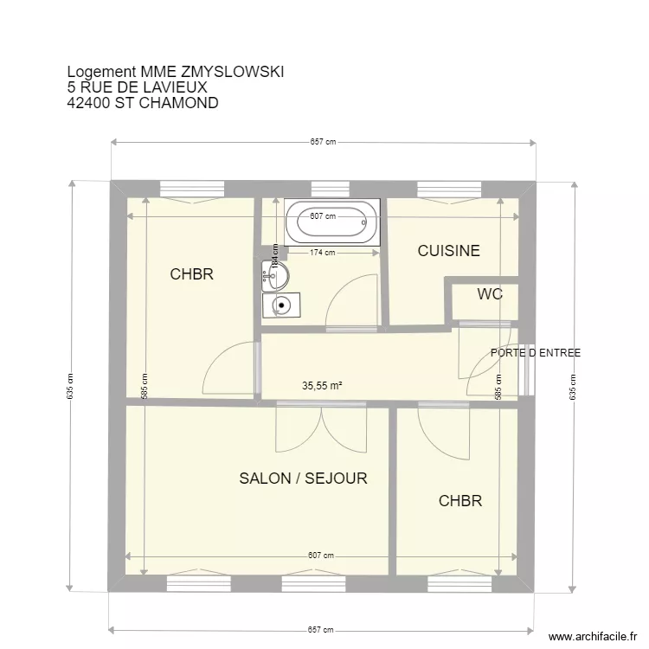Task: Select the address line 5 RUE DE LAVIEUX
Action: (137, 87)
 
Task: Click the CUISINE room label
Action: (448, 251)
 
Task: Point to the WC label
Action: (490, 294)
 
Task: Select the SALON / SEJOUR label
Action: (303, 479)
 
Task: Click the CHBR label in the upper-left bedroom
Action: (191, 275)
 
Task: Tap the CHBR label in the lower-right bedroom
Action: (459, 501)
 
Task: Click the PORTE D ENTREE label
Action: (535, 353)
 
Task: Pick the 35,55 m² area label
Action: (322, 387)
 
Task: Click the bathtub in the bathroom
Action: (332, 222)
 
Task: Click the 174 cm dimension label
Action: (323, 253)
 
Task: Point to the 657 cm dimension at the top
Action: (323, 143)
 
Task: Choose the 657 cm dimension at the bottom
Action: (323, 630)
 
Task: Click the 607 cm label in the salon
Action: (321, 556)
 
